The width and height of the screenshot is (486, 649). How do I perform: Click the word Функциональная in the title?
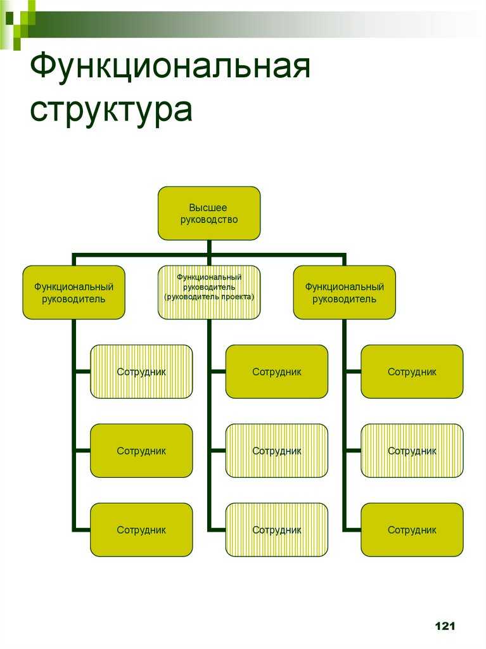170,66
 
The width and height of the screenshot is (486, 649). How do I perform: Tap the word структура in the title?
111,109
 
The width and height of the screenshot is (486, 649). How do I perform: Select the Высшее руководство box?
209,213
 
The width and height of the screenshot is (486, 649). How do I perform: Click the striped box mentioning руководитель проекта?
209,292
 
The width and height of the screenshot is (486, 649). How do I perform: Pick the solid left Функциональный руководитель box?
74,292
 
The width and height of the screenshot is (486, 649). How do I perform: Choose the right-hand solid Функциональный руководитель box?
345,292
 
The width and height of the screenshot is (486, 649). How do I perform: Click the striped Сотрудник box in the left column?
141,371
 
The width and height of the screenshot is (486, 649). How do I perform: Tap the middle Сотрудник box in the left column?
141,451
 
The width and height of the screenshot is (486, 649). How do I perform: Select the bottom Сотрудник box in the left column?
141,530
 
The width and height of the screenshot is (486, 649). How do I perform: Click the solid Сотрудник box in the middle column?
276,371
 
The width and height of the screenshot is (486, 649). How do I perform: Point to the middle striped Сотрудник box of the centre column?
276,451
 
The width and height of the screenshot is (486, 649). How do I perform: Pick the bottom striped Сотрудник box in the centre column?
276,530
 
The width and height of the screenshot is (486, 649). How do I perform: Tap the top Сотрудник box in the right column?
412,371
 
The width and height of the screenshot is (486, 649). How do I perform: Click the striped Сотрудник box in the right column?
412,451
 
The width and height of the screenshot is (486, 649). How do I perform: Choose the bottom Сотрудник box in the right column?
412,530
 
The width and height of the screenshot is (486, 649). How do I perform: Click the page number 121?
445,626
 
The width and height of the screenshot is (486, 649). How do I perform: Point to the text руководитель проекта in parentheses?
209,297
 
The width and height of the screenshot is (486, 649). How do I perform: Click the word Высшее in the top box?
208,207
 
